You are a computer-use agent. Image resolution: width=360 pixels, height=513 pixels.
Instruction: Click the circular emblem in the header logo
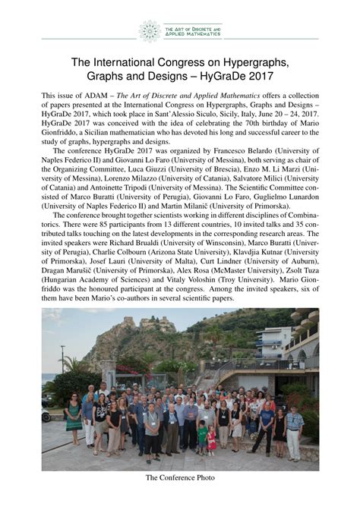(x=150, y=30)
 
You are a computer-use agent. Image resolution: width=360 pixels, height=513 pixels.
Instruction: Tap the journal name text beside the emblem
(x=193, y=31)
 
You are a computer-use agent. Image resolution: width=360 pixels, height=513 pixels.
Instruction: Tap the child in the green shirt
(x=203, y=438)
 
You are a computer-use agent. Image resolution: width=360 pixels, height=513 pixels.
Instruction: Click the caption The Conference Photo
(x=180, y=477)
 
